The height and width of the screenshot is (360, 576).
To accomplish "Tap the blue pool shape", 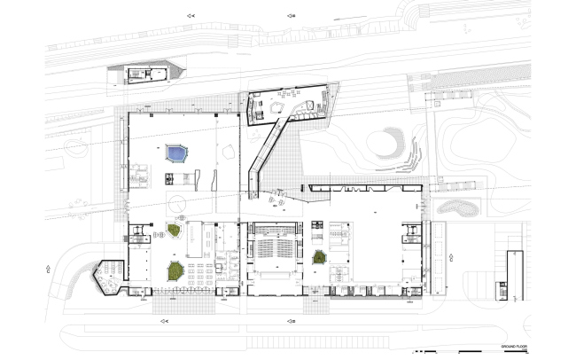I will [x=176, y=154].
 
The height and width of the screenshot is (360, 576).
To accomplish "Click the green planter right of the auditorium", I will [x=319, y=257].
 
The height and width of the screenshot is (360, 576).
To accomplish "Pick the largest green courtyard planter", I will [x=176, y=270].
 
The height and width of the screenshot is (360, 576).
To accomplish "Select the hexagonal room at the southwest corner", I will [x=110, y=275].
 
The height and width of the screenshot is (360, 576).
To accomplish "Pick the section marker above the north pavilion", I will [x=291, y=16].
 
